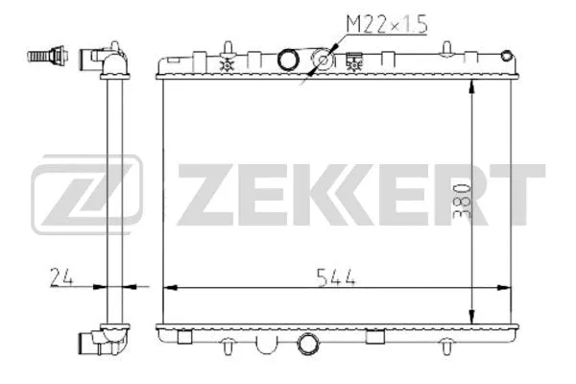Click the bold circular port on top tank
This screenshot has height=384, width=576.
coord(289,60)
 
